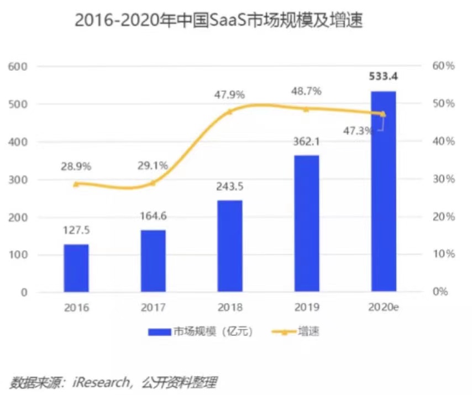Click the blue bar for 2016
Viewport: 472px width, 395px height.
pyautogui.click(x=76, y=268)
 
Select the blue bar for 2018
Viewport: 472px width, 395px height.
pyautogui.click(x=229, y=246)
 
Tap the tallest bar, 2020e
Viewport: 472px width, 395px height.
pyautogui.click(x=383, y=191)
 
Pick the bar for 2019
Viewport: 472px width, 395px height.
pyautogui.click(x=306, y=223)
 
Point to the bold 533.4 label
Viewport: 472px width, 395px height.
pyautogui.click(x=383, y=76)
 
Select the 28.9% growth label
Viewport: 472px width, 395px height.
pyautogui.click(x=76, y=166)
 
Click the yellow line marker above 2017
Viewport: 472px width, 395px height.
pyautogui.click(x=153, y=183)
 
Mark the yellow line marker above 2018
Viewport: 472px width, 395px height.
pyautogui.click(x=230, y=111)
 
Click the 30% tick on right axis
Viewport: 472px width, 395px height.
pyautogui.click(x=443, y=179)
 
